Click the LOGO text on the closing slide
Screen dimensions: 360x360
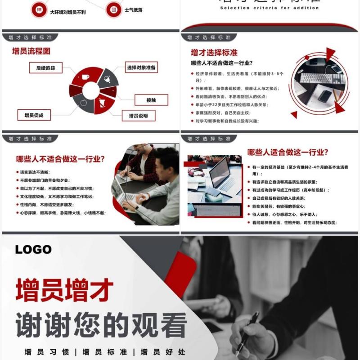33,249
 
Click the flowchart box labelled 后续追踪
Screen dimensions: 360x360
45,68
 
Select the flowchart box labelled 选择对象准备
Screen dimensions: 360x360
141,68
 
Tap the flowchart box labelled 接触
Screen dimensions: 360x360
151,100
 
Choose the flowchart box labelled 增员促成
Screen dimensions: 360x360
34,116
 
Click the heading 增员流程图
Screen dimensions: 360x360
31,51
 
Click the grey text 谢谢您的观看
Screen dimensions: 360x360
102,324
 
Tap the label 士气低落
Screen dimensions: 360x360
134,10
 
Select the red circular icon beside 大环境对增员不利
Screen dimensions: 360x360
39,10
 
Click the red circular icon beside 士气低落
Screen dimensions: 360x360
114,9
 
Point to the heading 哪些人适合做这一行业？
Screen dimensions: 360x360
288,152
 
